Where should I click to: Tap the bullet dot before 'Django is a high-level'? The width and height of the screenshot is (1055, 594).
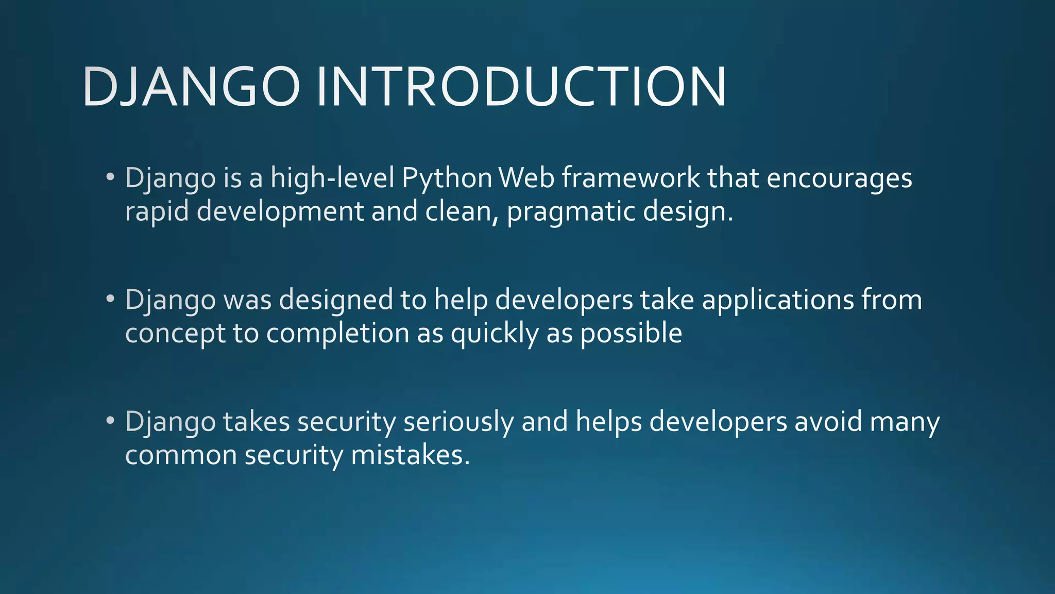(x=110, y=177)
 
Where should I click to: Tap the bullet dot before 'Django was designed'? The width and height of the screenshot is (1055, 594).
(x=110, y=299)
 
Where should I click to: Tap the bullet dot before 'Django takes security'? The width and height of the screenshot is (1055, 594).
(x=110, y=420)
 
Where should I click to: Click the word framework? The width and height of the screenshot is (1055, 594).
(x=631, y=178)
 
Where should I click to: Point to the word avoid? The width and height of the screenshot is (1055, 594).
(x=828, y=421)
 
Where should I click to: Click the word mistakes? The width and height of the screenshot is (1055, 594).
(x=410, y=455)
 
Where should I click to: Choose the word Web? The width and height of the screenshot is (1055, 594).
(x=526, y=178)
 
